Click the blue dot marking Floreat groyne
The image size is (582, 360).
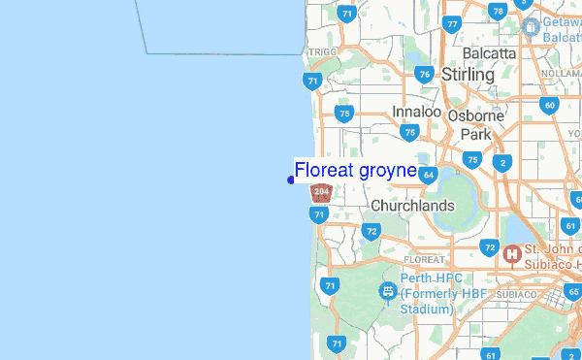291,180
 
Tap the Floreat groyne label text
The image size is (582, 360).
355,171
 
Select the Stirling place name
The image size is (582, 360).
468,74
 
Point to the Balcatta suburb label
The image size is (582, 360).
490,51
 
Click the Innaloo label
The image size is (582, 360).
417,112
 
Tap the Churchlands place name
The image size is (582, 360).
412,206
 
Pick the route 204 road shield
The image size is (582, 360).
322,192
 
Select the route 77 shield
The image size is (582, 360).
451,24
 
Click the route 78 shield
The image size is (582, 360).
498,12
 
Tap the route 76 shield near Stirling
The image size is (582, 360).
423,74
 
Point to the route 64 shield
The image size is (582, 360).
429,175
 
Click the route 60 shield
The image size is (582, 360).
549,105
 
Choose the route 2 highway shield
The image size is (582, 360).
501,163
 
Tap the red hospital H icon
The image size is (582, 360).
511,255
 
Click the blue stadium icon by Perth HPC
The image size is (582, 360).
387,290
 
